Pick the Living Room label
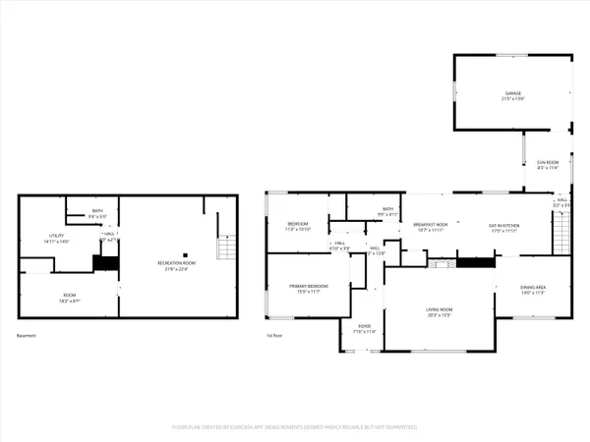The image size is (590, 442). (437, 310)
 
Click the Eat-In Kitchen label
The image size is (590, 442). (503, 225)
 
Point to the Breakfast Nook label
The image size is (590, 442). (430, 225)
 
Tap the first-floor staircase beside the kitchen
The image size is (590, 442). (561, 233)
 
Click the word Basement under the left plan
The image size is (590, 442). (27, 336)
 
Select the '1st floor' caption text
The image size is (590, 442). (273, 336)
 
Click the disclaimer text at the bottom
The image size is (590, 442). (295, 427)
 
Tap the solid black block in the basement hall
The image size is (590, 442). (104, 262)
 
